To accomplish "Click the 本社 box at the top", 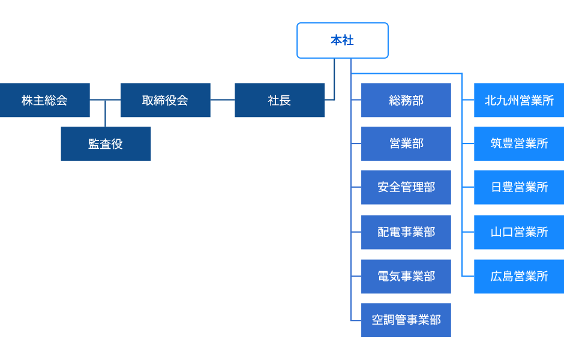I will (x=342, y=40).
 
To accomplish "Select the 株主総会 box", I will (x=44, y=100).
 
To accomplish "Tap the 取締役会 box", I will (x=165, y=100).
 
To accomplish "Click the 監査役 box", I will (x=106, y=144).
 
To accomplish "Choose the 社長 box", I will (x=280, y=100).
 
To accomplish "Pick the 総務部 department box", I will (x=406, y=100).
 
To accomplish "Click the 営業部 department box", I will (x=406, y=144).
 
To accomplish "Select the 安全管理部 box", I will (x=406, y=188).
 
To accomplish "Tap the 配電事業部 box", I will (x=406, y=232).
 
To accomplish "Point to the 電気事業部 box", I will (x=406, y=277).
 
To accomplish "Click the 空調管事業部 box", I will (x=406, y=320).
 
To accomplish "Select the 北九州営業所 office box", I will (x=519, y=100).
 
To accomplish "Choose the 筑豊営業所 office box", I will (x=519, y=144).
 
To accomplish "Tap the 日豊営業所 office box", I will (x=519, y=188).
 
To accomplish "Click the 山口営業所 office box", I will (x=519, y=232).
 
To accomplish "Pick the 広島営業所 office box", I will (x=519, y=277).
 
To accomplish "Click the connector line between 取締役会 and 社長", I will (x=223, y=100).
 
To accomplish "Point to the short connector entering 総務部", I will (x=356, y=100).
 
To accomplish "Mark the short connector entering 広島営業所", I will (x=468, y=277).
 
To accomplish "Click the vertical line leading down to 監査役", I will (x=106, y=114).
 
